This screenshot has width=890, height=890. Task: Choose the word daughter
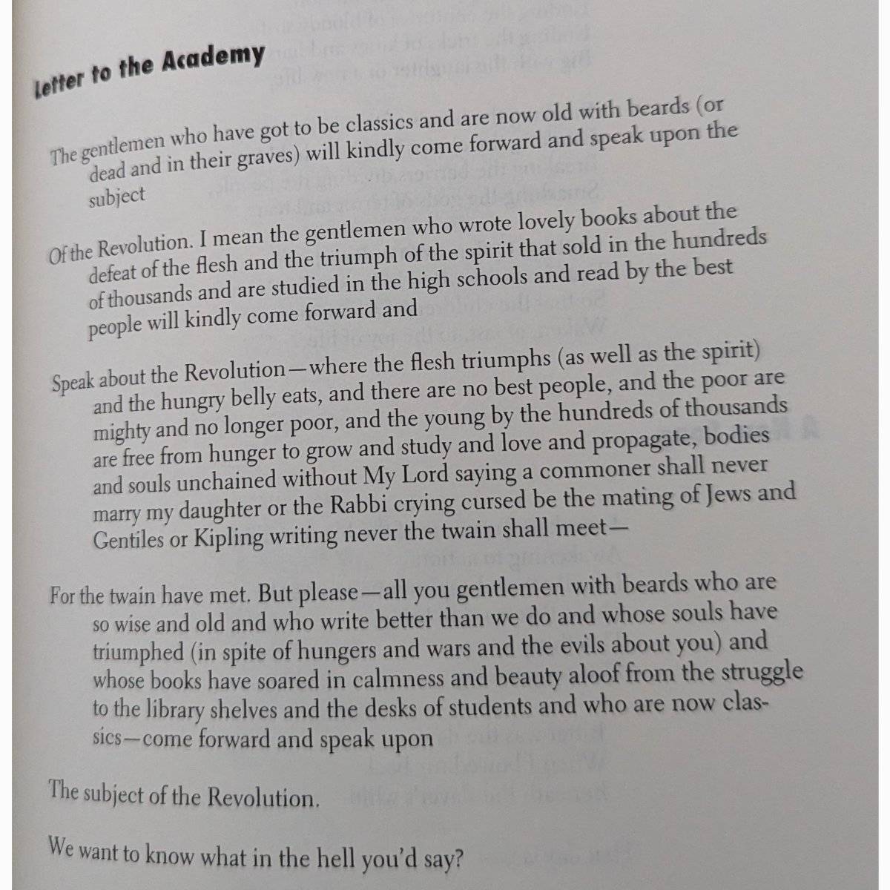tap(203, 510)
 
